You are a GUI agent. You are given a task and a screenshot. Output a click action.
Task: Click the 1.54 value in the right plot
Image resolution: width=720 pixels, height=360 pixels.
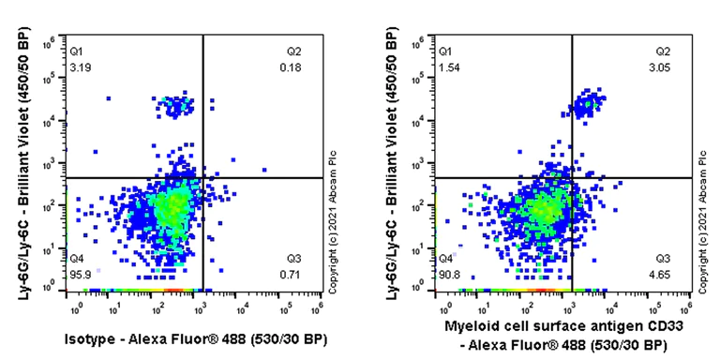(448, 67)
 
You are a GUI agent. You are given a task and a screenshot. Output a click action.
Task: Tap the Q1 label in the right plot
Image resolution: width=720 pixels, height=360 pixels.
(445, 51)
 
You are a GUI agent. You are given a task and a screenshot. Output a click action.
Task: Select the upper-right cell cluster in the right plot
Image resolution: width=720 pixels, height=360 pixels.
(588, 104)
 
